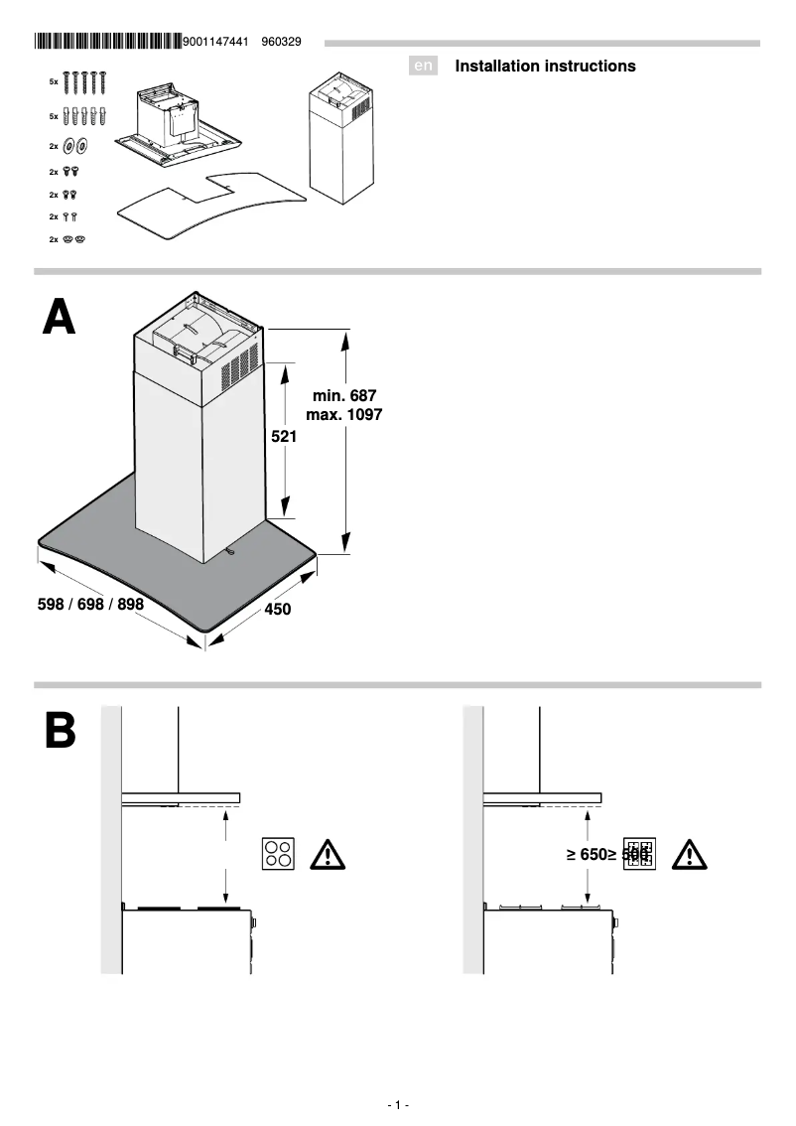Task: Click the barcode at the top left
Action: point(108,42)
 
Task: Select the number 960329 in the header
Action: point(281,42)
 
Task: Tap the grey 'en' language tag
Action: point(423,67)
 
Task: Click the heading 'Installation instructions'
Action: point(545,67)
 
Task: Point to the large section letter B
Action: point(60,730)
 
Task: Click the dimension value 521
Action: point(285,436)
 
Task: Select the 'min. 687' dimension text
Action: point(344,396)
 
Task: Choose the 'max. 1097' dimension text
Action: point(344,415)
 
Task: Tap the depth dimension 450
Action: point(278,610)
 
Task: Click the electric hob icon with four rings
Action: point(278,854)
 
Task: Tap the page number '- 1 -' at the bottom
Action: point(398,1105)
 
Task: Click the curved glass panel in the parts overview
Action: point(208,207)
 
